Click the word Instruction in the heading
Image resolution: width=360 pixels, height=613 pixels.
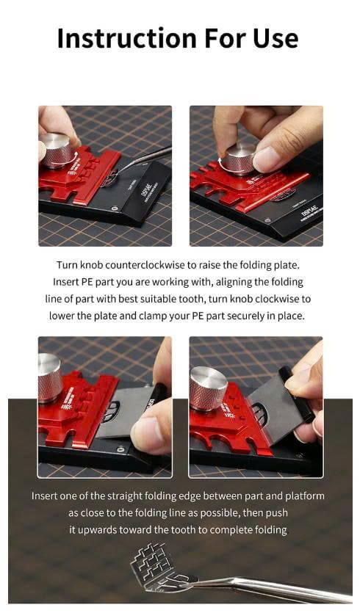click(127, 38)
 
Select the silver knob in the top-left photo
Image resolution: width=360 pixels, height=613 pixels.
click(57, 150)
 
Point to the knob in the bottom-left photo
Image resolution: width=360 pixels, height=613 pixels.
click(50, 377)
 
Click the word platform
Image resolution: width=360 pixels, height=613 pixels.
click(305, 496)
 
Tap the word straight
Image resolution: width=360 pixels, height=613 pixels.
click(124, 496)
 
